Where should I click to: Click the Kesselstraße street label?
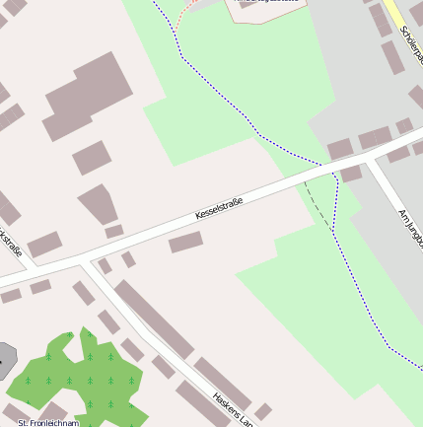[x=218, y=207]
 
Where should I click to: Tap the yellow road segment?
[x=394, y=15]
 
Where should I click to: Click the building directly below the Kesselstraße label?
[x=185, y=242]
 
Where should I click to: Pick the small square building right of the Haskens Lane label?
[x=263, y=410]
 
